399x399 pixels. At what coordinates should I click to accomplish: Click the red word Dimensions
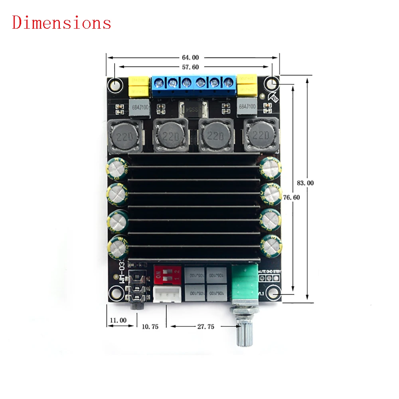pyautogui.click(x=62, y=23)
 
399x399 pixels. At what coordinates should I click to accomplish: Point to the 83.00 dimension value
pyautogui.click(x=306, y=183)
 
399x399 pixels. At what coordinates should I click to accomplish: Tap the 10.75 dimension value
pyautogui.click(x=150, y=326)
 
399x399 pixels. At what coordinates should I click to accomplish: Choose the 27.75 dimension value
pyautogui.click(x=205, y=326)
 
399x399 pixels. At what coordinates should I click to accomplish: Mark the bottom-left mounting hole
pyautogui.click(x=116, y=292)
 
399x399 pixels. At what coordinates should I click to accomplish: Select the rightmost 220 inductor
pyautogui.click(x=261, y=136)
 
